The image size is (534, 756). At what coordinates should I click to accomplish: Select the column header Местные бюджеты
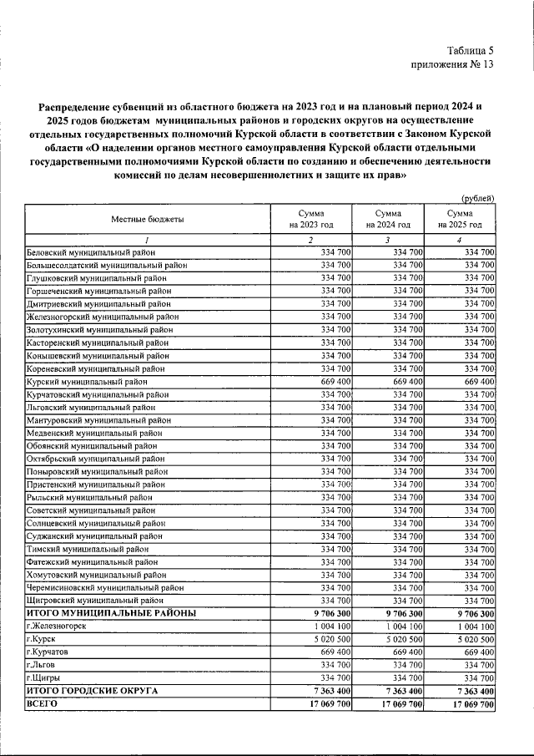pos(148,220)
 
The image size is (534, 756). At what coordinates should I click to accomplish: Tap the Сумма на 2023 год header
pos(311,220)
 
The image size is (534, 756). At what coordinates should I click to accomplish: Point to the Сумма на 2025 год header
pos(460,220)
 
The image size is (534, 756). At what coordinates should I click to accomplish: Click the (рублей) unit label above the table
pos(479,198)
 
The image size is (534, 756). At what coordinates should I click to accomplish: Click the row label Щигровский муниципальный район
pos(95,600)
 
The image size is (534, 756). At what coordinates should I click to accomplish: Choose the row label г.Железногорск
pos(56,626)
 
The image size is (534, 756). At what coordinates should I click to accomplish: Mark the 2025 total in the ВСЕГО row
pos(472,704)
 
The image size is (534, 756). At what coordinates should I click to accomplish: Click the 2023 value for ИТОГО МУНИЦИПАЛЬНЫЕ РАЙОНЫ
pos(326,613)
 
